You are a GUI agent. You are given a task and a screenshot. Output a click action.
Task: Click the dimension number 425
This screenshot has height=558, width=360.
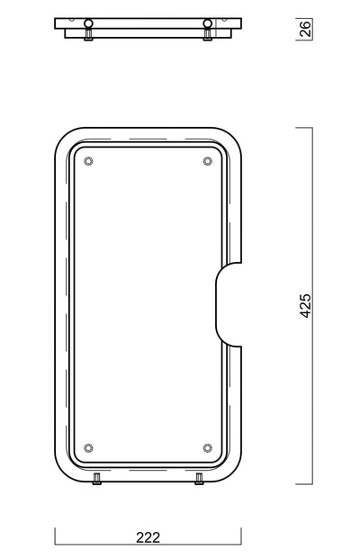pyautogui.click(x=306, y=305)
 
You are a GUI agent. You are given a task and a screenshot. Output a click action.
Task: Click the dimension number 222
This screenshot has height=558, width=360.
pyautogui.click(x=148, y=537)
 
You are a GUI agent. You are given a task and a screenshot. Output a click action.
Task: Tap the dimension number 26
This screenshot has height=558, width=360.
pyautogui.click(x=306, y=29)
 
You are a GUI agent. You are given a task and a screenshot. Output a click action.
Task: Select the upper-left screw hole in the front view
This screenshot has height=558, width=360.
pyautogui.click(x=88, y=161)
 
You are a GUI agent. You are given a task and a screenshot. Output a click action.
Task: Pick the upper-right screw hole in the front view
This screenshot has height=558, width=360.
pyautogui.click(x=208, y=161)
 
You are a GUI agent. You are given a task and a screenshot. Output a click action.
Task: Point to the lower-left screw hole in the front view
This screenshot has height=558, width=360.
pyautogui.click(x=88, y=447)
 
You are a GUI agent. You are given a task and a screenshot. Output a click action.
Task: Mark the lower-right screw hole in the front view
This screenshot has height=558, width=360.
pyautogui.click(x=208, y=447)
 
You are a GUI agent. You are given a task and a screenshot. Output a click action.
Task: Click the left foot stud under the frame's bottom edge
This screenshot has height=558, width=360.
pyautogui.click(x=97, y=479)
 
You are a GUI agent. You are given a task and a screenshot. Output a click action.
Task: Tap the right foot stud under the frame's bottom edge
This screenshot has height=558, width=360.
pyautogui.click(x=199, y=479)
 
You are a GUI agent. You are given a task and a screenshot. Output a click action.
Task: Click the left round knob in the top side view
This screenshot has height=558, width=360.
pyautogui.click(x=88, y=23)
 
